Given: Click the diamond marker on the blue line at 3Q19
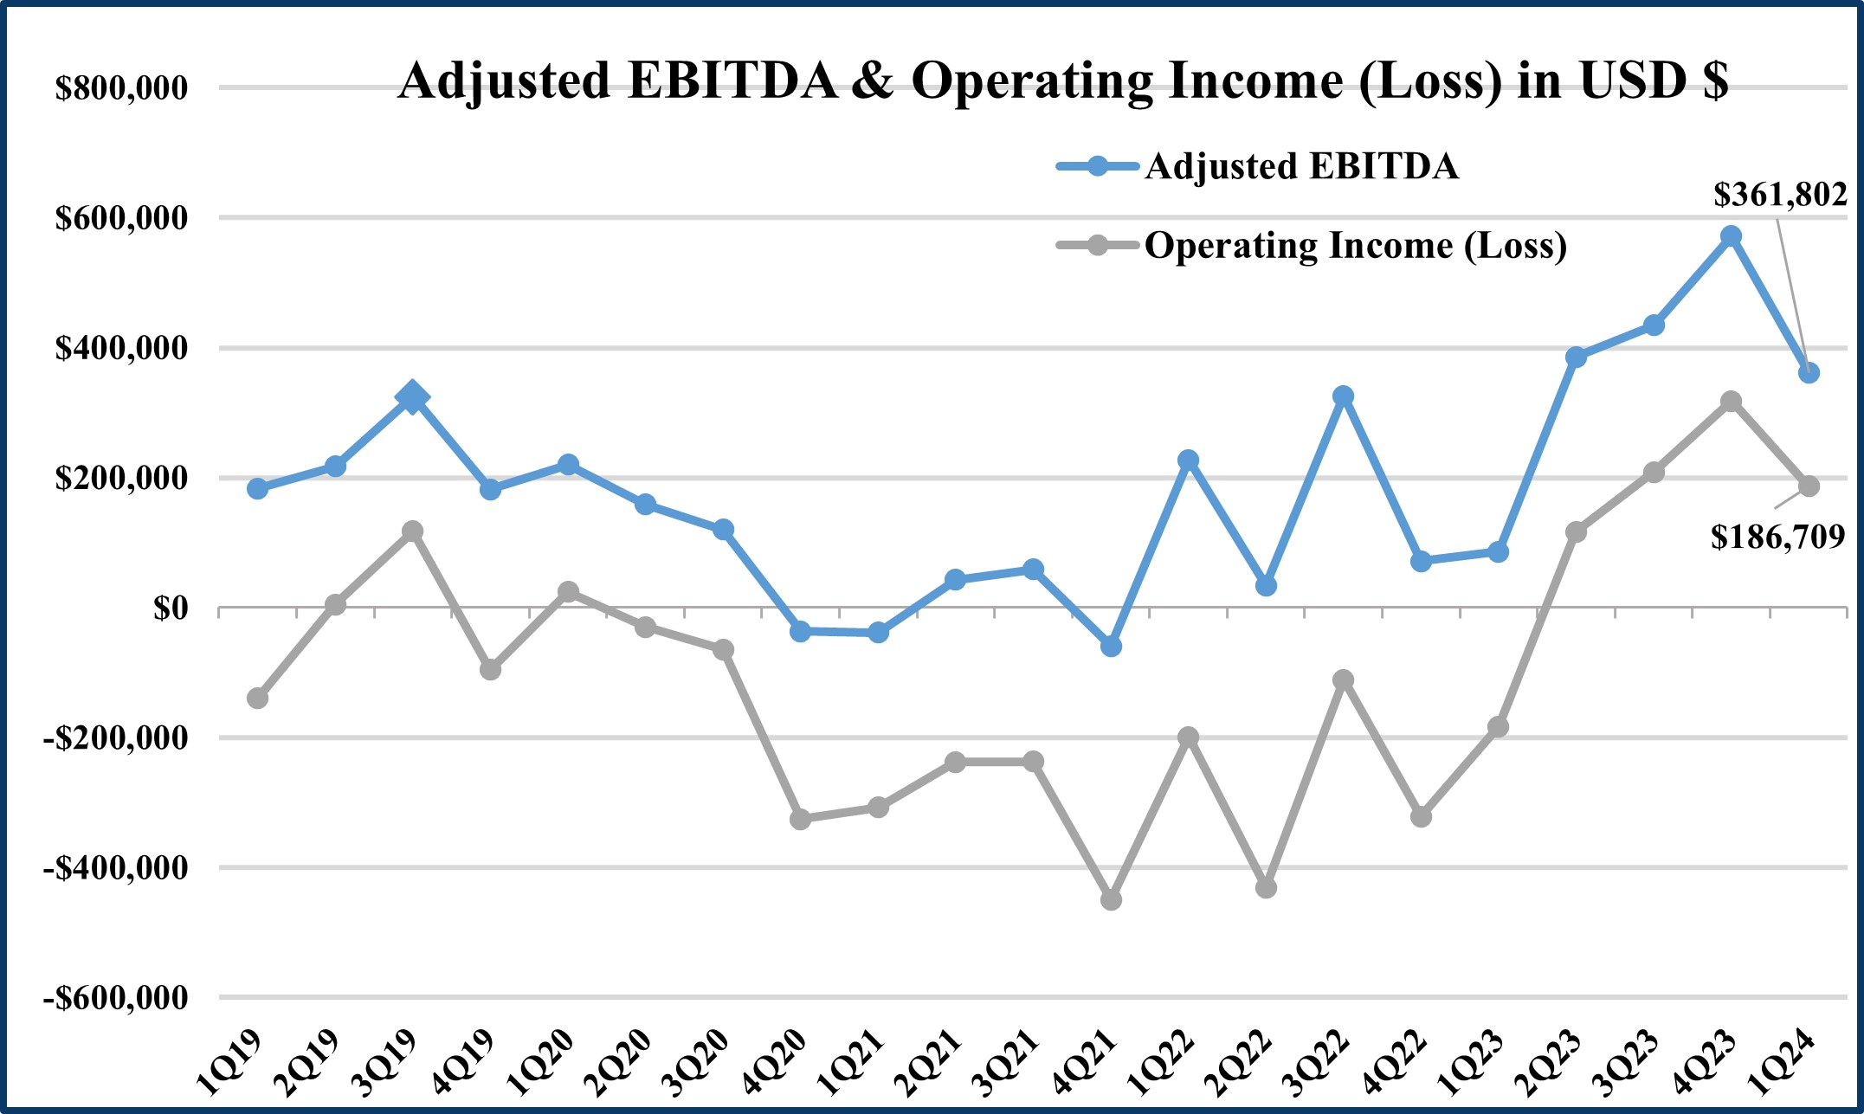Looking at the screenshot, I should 412,397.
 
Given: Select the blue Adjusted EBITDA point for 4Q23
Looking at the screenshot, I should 1731,236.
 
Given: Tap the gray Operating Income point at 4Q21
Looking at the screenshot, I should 1111,900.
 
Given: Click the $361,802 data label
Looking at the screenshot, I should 1780,195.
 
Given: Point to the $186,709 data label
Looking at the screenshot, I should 1777,538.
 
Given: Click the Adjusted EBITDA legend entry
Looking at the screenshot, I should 1300,166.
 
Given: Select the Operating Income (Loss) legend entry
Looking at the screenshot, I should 1355,246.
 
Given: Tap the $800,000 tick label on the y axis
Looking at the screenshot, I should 121,88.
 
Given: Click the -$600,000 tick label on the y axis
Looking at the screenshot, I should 115,998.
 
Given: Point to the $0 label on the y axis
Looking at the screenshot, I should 170,609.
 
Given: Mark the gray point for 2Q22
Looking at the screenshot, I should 1266,887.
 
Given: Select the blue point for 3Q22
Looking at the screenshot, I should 1343,396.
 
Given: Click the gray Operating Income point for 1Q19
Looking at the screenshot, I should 257,698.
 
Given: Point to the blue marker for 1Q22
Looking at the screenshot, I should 1188,460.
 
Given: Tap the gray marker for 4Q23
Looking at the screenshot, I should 1731,402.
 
